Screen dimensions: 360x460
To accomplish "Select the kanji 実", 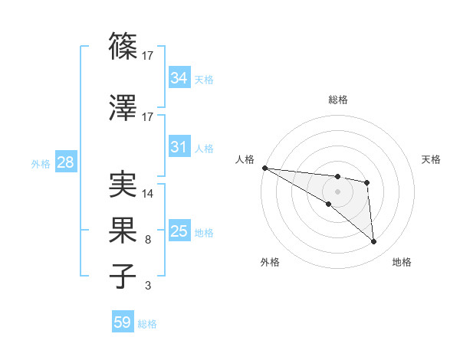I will [124, 185].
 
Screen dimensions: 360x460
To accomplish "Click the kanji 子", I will [124, 277].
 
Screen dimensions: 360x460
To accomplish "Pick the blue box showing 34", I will [179, 77].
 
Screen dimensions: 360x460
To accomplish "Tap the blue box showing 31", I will [179, 147].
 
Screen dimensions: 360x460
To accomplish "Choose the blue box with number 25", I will [179, 231].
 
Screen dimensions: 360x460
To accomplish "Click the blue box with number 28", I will [65, 162].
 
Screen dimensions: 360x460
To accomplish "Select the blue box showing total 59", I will [123, 322].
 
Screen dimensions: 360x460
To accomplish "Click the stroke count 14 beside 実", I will [148, 194].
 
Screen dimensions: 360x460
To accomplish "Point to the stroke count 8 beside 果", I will [148, 240].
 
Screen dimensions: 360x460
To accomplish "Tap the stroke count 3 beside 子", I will [148, 286].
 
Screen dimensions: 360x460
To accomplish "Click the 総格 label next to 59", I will [148, 324].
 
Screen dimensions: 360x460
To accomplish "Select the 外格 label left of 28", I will [41, 163].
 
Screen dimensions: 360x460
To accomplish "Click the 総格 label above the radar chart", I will [337, 100].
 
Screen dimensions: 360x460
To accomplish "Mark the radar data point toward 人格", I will [264, 168].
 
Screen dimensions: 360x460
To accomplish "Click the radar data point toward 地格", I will [374, 242].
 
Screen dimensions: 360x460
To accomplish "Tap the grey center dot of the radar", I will [337, 191].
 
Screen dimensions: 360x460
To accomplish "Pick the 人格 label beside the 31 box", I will [204, 148].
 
